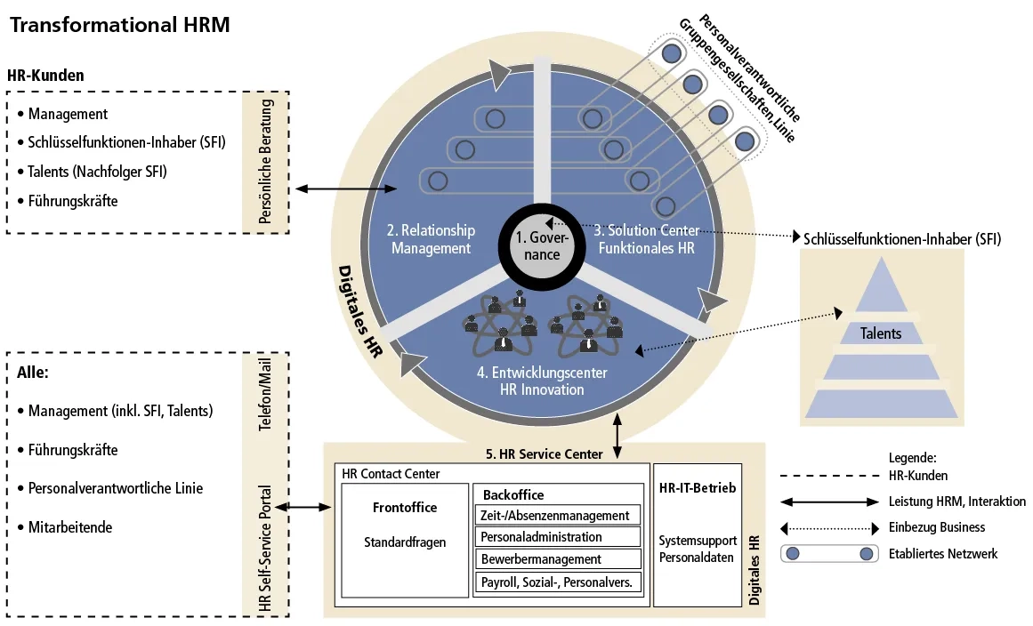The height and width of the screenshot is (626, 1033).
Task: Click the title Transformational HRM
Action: tap(119, 25)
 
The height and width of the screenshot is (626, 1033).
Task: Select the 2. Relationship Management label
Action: tap(431, 239)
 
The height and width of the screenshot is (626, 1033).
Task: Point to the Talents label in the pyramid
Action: tap(880, 333)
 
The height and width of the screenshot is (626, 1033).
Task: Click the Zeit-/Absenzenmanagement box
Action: tap(556, 515)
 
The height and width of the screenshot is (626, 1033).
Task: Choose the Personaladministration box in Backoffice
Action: tap(556, 537)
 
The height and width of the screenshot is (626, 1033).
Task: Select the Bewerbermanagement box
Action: tap(556, 559)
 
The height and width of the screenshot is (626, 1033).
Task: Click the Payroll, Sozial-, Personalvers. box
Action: tap(556, 582)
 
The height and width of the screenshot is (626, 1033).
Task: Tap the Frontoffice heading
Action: tap(405, 508)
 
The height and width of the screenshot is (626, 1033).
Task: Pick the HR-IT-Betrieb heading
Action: tap(698, 488)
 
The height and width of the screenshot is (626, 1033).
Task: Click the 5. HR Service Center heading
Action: tap(544, 453)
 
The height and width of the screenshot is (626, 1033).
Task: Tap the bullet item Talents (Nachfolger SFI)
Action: tap(97, 172)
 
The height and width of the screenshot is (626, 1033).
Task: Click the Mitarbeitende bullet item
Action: tap(70, 527)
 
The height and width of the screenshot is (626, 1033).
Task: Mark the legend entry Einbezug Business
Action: tap(937, 527)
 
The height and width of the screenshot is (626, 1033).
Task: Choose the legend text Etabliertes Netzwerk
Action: tap(942, 554)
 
